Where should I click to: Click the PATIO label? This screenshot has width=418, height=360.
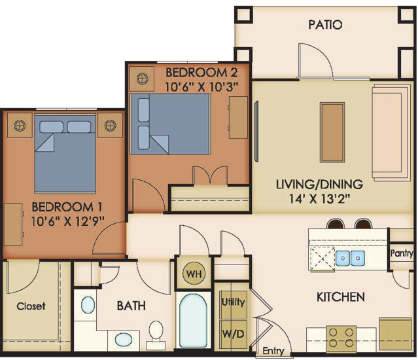coord(325,24)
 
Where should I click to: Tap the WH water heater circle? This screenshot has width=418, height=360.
coord(194,274)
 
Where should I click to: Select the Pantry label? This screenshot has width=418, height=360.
coord(402,253)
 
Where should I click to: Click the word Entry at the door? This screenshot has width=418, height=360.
coord(273,351)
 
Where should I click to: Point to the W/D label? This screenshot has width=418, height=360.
coord(234,334)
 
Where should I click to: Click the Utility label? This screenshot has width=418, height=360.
coord(234,302)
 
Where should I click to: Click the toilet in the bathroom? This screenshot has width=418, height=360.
coord(156,335)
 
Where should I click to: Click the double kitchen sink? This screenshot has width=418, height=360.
coord(350,258)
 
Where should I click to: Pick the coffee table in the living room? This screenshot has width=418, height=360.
coord(332,132)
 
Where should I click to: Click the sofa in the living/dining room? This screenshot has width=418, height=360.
coord(392,132)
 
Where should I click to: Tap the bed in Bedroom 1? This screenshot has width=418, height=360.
coord(65,154)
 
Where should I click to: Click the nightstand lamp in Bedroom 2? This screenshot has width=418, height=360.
coord(142,79)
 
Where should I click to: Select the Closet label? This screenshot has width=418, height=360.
coord(31,306)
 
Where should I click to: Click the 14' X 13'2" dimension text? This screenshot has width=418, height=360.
coord(319,198)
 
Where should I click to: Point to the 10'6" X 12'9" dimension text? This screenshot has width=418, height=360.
coord(67,221)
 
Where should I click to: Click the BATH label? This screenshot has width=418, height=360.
coord(131,306)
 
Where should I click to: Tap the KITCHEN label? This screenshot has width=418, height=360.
coord(341,297)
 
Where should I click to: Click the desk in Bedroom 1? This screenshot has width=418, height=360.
coord(13,225)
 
